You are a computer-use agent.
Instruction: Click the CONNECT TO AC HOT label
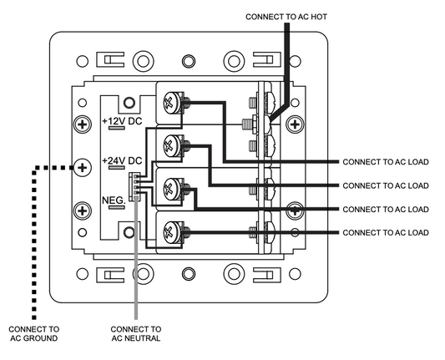(286, 17)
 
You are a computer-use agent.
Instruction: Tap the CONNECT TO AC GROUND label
(33, 333)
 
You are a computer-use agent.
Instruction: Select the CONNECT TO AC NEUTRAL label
(136, 333)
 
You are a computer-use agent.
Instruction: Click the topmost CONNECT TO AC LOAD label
(386, 162)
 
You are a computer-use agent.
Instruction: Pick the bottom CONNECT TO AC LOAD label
(386, 233)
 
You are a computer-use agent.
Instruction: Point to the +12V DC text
(122, 121)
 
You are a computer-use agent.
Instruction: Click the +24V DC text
(122, 160)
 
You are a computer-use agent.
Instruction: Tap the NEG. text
(114, 200)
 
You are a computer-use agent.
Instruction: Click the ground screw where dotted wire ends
(83, 168)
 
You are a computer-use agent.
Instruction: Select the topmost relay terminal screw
(172, 103)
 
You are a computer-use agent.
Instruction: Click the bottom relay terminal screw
(172, 232)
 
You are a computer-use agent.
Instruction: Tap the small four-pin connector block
(134, 186)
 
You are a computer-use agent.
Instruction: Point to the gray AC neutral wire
(136, 257)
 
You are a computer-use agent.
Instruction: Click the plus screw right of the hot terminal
(295, 124)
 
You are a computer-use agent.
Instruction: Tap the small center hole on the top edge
(189, 61)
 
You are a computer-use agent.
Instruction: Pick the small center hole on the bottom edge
(189, 274)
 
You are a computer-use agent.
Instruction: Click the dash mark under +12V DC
(117, 128)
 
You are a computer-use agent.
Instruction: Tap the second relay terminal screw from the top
(172, 146)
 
